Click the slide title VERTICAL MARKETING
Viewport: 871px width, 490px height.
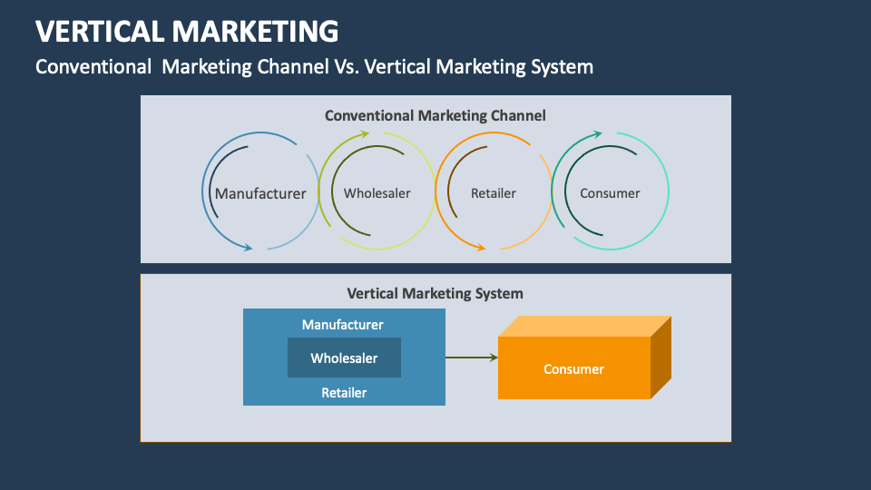pos(187,31)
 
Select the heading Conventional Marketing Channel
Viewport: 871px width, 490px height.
pos(435,115)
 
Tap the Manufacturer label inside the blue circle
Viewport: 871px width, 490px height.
pos(260,193)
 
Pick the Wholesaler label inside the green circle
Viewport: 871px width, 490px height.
pos(377,193)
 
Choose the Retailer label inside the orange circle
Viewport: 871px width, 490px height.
pos(494,193)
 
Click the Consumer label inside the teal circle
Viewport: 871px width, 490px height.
pos(610,193)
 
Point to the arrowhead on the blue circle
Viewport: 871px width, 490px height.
pos(247,246)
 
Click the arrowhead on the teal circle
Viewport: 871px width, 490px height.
pos(596,135)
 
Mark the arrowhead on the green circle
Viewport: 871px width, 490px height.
pos(339,137)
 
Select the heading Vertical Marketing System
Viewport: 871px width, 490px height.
pos(435,293)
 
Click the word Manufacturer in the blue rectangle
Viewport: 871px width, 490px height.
pos(343,324)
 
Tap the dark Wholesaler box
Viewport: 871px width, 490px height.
pos(344,358)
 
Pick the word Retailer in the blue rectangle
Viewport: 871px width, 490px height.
pos(344,393)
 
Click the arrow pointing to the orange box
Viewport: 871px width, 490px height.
pos(472,358)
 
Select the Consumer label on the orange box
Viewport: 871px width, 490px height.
pos(573,368)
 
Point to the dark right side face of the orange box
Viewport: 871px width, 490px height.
pos(661,358)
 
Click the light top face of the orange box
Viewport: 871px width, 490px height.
pos(585,326)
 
